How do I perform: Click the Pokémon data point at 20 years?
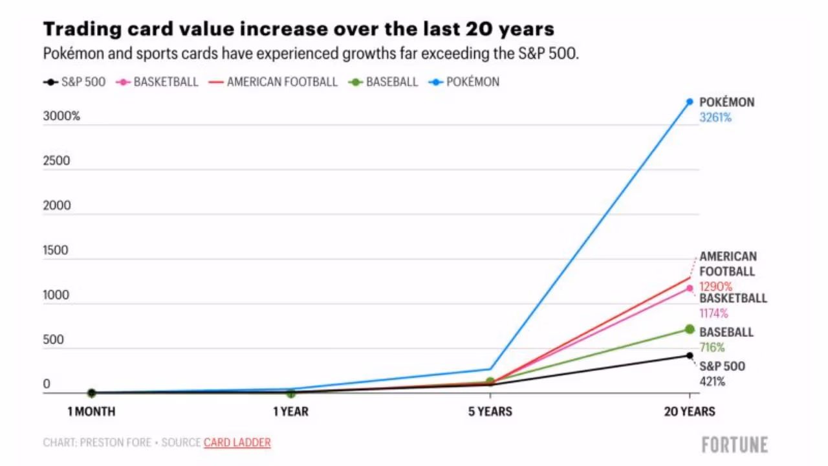690,102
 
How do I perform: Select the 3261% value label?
715,118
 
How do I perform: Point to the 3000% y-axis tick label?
61,117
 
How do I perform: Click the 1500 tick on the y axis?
56,250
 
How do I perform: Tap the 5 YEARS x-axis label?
490,412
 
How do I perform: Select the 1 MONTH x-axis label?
92,412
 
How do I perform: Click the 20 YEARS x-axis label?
690,412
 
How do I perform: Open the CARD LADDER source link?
237,443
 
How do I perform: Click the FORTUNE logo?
735,445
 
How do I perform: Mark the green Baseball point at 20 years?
690,329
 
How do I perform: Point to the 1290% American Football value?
715,286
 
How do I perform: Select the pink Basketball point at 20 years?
690,288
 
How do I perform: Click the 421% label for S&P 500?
712,382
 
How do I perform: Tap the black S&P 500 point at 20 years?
690,355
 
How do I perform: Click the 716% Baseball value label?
712,348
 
